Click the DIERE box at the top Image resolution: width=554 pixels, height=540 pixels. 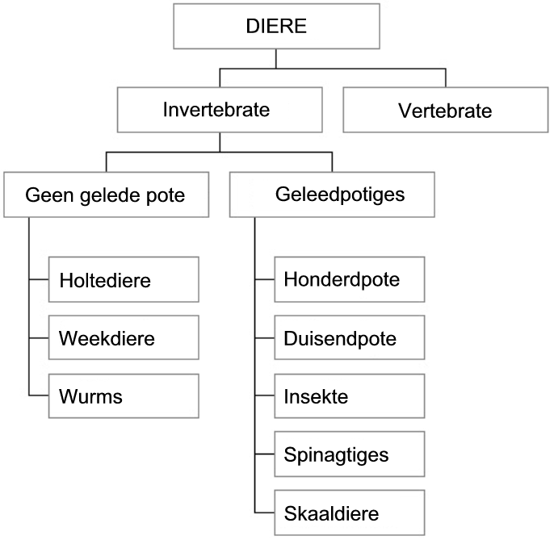(276, 26)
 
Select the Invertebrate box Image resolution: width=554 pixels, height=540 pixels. (220, 110)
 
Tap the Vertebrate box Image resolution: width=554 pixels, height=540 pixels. (446, 110)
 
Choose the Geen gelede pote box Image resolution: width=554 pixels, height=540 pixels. (106, 195)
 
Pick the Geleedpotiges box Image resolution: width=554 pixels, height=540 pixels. (332, 195)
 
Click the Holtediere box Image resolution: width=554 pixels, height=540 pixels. (124, 279)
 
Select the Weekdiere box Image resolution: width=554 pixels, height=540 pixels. (124, 337)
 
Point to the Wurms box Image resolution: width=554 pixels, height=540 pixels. (124, 396)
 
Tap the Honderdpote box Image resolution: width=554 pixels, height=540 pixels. (350, 279)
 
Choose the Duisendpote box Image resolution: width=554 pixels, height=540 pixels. (350, 337)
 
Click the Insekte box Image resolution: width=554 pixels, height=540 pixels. (350, 396)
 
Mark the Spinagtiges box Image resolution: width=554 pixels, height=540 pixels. (350, 454)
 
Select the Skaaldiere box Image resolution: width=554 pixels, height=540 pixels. (350, 513)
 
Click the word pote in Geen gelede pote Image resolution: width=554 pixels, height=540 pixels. (166, 196)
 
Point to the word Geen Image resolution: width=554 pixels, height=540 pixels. (49, 195)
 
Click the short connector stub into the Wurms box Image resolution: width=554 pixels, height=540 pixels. (39, 396)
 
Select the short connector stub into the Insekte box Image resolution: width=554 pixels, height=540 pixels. (264, 396)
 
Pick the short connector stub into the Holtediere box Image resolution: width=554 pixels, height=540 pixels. (39, 279)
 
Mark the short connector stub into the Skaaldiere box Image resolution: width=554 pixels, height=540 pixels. (264, 513)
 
